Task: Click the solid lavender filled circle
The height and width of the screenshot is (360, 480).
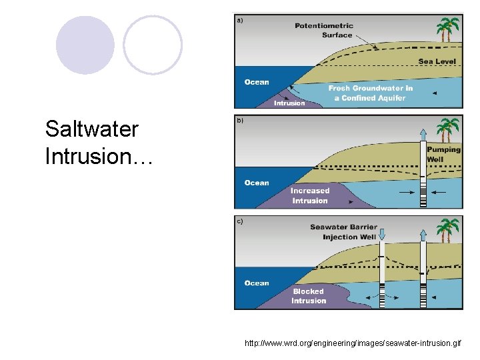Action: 85,45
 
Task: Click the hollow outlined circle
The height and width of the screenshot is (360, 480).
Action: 153,45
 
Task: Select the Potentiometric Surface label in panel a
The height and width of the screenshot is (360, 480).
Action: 325,31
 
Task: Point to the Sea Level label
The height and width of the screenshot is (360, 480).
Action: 437,62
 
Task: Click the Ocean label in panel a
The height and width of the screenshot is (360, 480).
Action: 257,82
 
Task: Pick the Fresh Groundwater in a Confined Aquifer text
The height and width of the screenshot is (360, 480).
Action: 370,93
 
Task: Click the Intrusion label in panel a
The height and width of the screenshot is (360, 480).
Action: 289,103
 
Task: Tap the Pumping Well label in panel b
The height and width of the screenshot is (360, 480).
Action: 443,155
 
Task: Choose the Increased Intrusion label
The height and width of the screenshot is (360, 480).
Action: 310,196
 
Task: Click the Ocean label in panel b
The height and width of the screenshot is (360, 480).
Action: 257,183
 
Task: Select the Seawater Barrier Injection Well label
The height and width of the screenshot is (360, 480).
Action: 343,232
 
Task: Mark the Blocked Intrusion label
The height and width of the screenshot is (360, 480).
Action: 309,296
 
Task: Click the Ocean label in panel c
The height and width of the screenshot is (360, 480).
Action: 257,283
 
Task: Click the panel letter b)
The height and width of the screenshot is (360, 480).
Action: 240,121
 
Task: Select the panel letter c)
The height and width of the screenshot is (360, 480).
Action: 240,221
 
